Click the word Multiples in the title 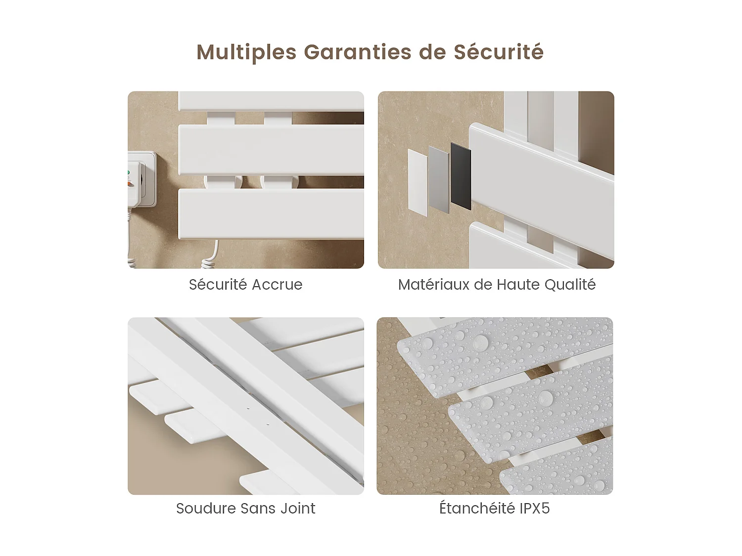click(x=246, y=52)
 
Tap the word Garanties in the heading click(x=357, y=52)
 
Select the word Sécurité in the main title click(x=499, y=52)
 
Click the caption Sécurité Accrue click(x=245, y=284)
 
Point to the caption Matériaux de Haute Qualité click(x=497, y=284)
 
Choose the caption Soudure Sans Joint click(x=245, y=508)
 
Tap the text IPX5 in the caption click(x=534, y=508)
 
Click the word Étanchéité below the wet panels click(x=477, y=508)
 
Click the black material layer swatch click(x=461, y=176)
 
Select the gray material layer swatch click(x=439, y=180)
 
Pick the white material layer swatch click(x=418, y=183)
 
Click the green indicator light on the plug click(x=129, y=172)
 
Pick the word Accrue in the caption click(x=277, y=285)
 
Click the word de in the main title click(x=432, y=52)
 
